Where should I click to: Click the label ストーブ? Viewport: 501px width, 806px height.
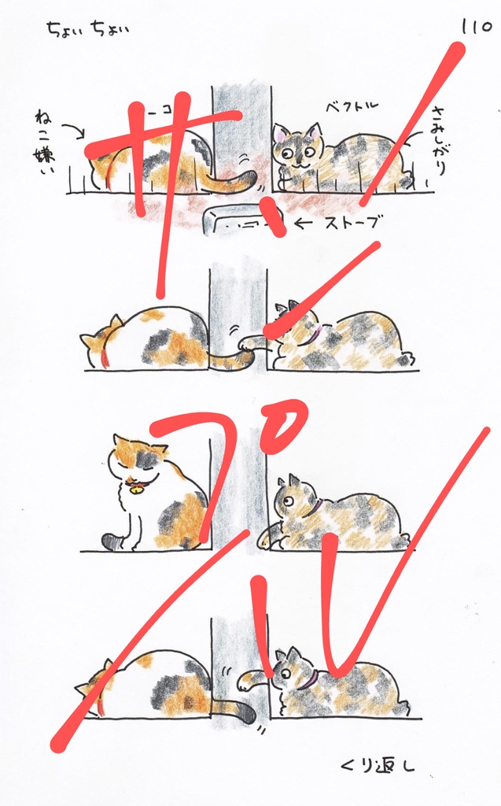(352, 224)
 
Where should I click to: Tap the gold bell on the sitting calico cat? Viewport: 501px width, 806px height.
(137, 490)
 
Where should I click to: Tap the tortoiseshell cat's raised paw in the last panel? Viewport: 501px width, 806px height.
(246, 679)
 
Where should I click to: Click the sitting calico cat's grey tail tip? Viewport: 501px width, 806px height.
(110, 541)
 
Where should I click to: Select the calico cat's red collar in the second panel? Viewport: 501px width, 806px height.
(102, 358)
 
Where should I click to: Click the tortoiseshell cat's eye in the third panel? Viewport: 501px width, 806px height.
(288, 501)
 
